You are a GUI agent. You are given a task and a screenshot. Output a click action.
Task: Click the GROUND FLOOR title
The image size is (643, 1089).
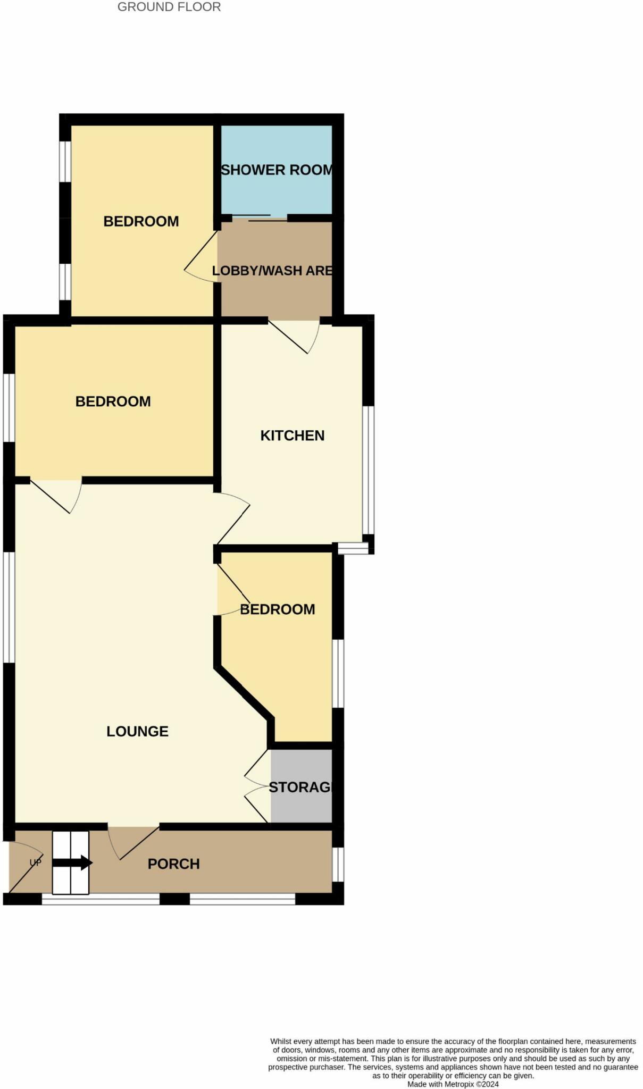pyautogui.click(x=169, y=7)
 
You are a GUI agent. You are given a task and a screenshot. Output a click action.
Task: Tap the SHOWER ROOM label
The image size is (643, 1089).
pyautogui.click(x=277, y=170)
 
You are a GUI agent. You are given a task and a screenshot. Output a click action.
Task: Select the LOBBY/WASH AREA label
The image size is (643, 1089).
pyautogui.click(x=272, y=271)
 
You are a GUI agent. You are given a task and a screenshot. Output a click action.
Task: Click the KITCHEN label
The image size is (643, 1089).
pyautogui.click(x=293, y=435)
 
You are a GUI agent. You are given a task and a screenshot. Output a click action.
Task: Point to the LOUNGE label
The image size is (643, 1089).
pyautogui.click(x=137, y=731)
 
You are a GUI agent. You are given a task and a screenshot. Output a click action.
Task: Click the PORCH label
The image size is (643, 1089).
pyautogui.click(x=173, y=864)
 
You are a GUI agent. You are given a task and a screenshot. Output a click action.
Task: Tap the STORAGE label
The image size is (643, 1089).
pyautogui.click(x=300, y=788)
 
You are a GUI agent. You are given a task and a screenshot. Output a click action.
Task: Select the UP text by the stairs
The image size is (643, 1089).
pyautogui.click(x=36, y=862)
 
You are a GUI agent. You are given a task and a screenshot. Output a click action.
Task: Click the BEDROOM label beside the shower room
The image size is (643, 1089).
pyautogui.click(x=141, y=221)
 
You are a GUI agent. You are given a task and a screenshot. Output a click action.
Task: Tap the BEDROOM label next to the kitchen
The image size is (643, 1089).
pyautogui.click(x=113, y=401)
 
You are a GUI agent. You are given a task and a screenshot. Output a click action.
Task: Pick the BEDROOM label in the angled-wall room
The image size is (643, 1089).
pyautogui.click(x=278, y=609)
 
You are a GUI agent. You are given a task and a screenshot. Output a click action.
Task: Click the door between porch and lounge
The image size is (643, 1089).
pyautogui.click(x=133, y=843)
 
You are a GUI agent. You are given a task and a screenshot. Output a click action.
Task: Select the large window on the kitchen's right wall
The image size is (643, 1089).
pyautogui.click(x=368, y=470)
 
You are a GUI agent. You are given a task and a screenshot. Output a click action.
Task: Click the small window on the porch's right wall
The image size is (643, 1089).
pyautogui.click(x=338, y=864)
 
